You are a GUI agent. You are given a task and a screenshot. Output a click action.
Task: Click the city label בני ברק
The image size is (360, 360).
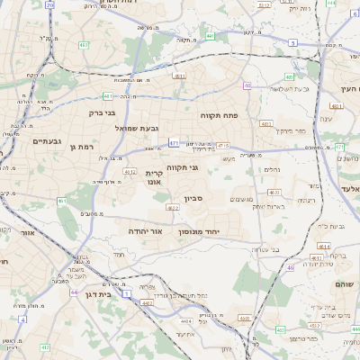pyautogui.click(x=103, y=113)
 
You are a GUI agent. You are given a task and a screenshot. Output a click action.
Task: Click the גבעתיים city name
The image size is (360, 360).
pyautogui.click(x=46, y=141)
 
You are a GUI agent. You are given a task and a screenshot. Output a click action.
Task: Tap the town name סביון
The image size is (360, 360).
pyautogui.click(x=195, y=198)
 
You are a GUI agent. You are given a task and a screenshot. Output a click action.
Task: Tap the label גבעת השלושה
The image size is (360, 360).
pyautogui.click(x=290, y=88)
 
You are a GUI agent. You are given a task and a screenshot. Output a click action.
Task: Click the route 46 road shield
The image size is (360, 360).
pyautogui.click(x=291, y=266)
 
